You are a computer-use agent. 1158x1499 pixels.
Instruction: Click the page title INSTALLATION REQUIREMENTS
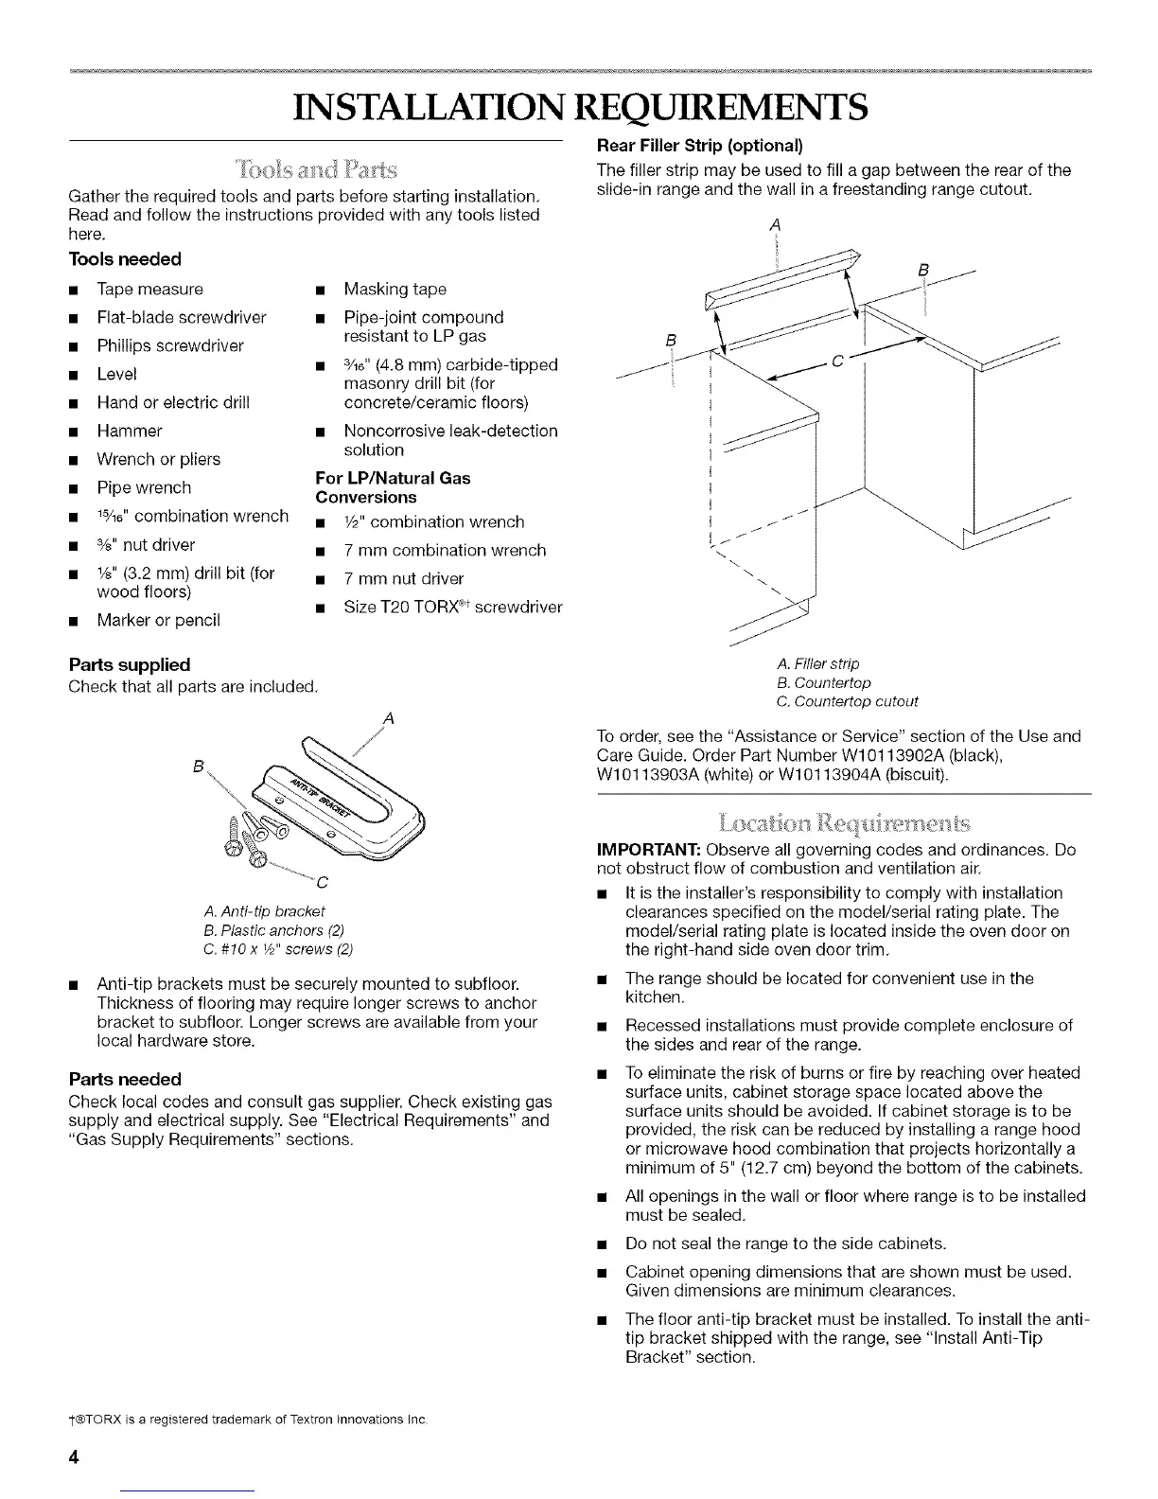pos(579,107)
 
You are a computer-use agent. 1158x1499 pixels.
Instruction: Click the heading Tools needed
pos(124,259)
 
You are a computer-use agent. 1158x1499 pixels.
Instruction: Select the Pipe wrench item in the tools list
pos(144,487)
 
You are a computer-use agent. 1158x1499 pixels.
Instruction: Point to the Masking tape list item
pos(395,289)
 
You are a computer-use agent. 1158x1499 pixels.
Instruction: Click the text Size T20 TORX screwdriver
pos(452,607)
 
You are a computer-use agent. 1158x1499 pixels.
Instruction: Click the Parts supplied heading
pos(130,664)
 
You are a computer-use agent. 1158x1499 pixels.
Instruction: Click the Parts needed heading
pos(125,1079)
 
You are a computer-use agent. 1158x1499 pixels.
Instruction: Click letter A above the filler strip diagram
pos(775,224)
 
